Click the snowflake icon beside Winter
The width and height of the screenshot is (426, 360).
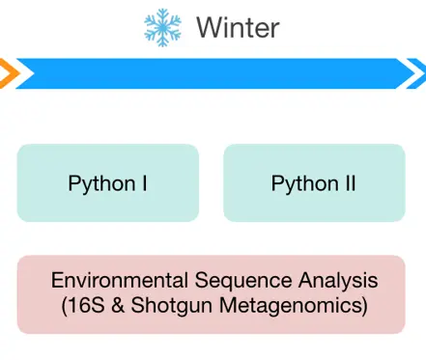pos(161,26)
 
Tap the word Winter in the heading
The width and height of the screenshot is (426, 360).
pos(238,27)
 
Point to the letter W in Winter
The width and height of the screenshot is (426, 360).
pos(208,27)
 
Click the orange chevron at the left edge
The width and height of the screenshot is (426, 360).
pos(6,72)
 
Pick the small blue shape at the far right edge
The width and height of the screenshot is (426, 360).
pos(420,73)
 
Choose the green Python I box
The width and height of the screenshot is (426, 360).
pos(107,182)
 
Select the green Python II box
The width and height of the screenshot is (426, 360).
pos(314,182)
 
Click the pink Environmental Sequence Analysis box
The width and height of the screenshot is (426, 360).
pos(211,294)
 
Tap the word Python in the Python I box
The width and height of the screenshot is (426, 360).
pos(101,183)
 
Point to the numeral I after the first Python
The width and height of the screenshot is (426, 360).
pos(145,182)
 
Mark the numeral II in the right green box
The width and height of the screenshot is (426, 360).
pos(350,182)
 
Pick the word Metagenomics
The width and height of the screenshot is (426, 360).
pos(289,308)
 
